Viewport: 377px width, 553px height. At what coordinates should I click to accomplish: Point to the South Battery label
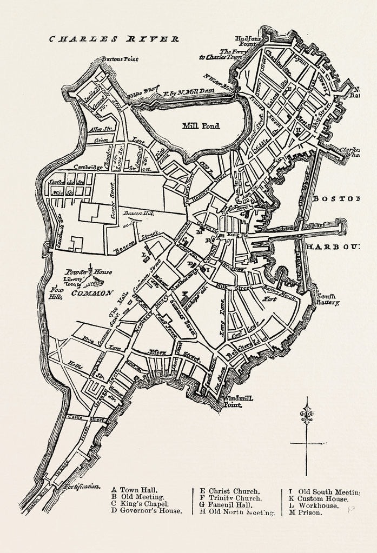328,299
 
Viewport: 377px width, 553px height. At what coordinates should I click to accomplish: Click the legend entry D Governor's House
147,510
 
